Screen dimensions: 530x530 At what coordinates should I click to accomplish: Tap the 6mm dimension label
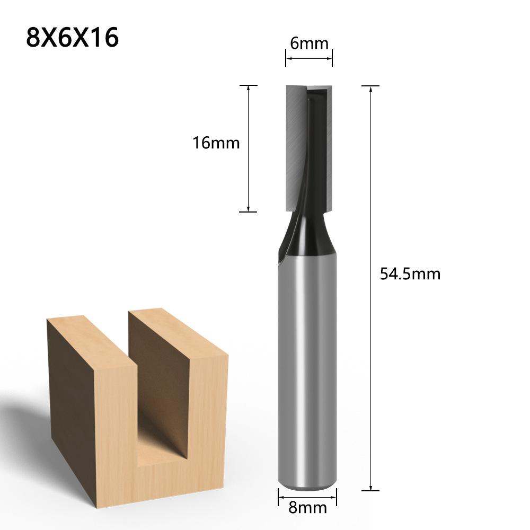point(309,43)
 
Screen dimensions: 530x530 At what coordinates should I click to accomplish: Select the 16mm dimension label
point(216,143)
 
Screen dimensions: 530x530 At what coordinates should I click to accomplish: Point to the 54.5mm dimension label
point(410,274)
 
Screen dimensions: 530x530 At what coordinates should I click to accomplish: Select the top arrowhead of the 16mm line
point(248,89)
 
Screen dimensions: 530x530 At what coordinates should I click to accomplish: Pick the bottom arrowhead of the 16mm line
point(248,208)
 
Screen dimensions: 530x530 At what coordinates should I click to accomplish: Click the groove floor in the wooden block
point(159,450)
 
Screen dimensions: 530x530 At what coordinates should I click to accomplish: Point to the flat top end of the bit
point(309,86)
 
